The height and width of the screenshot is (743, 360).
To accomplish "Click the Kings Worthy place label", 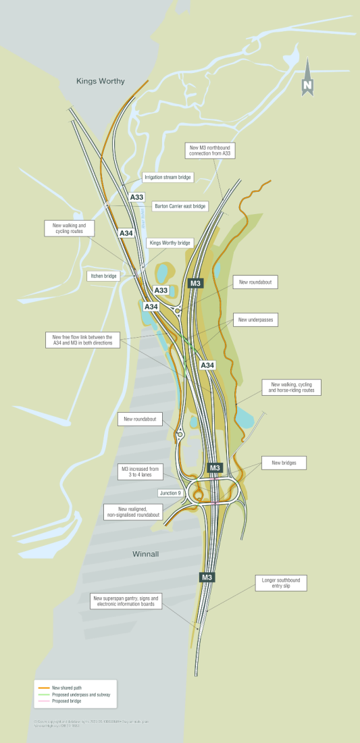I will coord(101,81).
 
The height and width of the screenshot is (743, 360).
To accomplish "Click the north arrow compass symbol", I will coord(308,77).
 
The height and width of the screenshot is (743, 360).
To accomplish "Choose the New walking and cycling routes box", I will coord(70,228).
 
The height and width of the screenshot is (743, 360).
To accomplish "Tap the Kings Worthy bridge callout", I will coord(170,242).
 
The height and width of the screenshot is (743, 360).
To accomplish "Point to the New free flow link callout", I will coord(83,340).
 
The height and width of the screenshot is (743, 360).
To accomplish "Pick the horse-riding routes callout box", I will coord(292,387).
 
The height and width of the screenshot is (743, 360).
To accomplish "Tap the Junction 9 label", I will coord(170,493).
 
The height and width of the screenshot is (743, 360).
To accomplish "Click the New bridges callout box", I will coord(284,463).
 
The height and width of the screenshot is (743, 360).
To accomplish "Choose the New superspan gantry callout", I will coord(127,601).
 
